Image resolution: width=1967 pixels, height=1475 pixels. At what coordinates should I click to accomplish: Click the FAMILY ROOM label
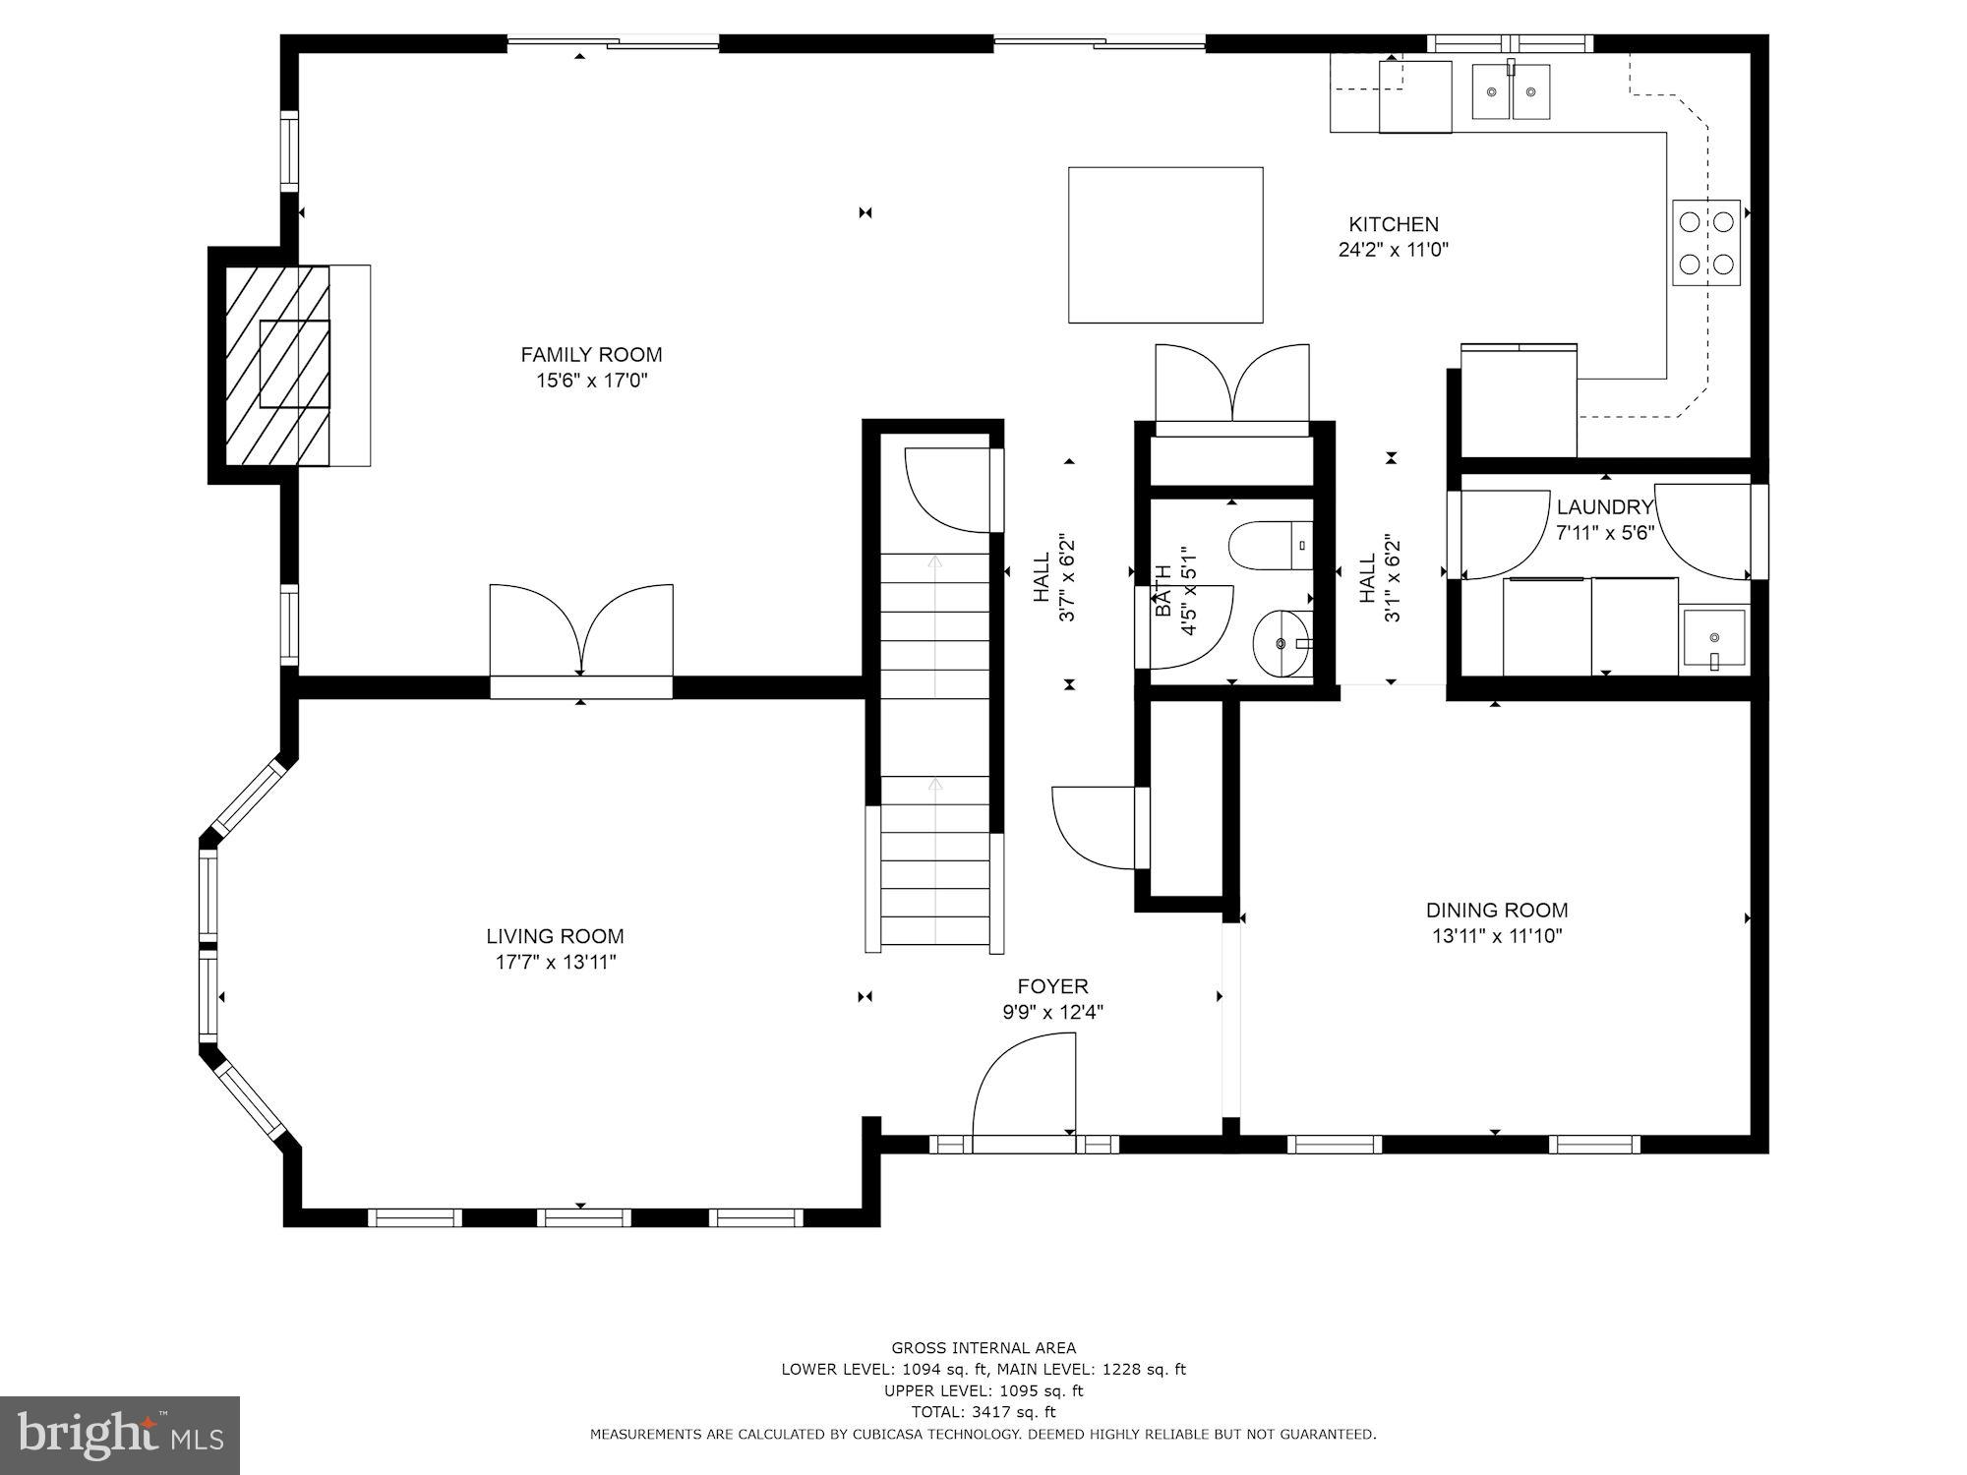(591, 355)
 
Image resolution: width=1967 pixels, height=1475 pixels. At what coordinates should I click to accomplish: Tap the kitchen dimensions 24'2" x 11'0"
(1393, 250)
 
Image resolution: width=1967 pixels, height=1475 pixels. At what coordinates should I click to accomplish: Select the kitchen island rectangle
(1165, 245)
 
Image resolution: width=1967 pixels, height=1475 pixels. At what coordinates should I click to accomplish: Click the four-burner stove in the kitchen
(1706, 243)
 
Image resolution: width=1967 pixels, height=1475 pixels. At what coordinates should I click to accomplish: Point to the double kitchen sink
(1511, 92)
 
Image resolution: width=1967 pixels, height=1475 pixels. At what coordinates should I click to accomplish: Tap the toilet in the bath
(1270, 547)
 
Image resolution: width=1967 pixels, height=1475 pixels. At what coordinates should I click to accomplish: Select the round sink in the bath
(1282, 643)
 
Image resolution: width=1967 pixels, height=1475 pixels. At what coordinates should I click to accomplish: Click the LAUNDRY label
(1605, 507)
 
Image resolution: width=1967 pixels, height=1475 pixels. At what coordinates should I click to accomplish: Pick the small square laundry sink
(1714, 639)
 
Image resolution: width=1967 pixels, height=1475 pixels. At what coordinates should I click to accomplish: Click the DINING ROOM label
(1497, 911)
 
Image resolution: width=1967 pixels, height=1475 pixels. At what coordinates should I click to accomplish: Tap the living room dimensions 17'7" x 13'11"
(556, 962)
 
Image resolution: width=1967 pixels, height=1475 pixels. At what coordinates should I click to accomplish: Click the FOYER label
(1052, 986)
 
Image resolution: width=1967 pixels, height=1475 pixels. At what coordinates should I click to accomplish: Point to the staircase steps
(935, 747)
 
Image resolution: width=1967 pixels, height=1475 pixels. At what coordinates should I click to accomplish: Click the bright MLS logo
(119, 1436)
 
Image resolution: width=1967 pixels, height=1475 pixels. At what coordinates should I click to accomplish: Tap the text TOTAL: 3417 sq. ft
(983, 1412)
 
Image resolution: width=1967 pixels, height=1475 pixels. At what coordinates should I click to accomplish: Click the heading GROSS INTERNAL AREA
(983, 1348)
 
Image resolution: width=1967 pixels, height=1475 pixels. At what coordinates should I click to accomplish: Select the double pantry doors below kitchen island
(1232, 385)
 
